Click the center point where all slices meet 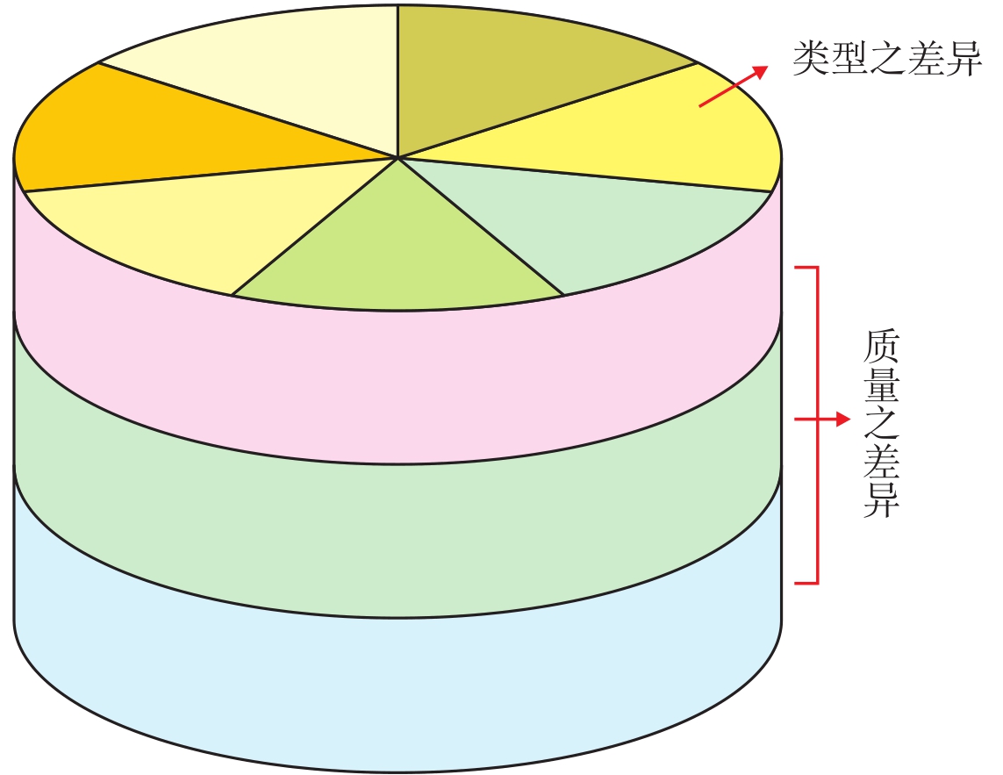(x=398, y=158)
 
